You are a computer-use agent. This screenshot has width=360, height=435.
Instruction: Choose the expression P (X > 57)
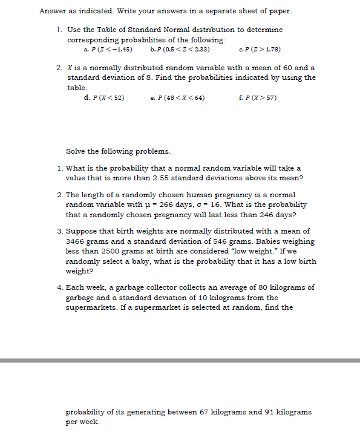pyautogui.click(x=260, y=97)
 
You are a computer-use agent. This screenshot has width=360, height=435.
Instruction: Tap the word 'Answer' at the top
pyautogui.click(x=51, y=11)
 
